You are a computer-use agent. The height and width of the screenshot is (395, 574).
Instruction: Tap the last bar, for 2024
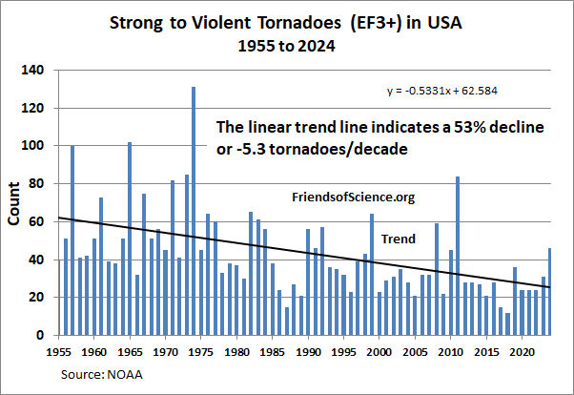[x=550, y=292]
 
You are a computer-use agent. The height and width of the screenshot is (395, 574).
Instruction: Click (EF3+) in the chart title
[x=366, y=20]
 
